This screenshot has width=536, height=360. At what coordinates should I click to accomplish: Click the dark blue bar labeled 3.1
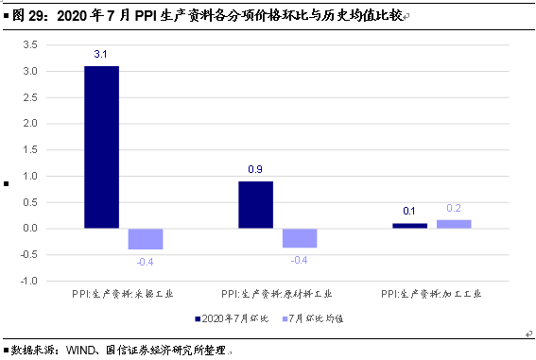click(x=101, y=146)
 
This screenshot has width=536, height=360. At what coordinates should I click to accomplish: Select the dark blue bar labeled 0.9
click(x=255, y=204)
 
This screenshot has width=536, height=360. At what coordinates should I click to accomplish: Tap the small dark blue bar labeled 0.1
click(x=409, y=225)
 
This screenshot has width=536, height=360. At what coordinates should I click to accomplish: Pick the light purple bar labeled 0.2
click(x=454, y=224)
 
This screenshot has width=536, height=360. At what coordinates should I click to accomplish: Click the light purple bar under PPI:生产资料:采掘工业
click(x=146, y=238)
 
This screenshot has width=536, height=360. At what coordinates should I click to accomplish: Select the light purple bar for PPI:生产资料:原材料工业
click(x=300, y=237)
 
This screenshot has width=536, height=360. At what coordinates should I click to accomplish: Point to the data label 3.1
click(x=101, y=55)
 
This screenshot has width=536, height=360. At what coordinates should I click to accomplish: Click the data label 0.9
click(x=255, y=170)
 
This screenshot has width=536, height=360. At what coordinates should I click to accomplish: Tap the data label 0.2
click(x=454, y=209)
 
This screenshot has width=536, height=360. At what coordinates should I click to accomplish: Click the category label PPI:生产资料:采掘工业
click(x=123, y=294)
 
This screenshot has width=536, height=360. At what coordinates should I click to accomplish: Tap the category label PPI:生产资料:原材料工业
click(x=277, y=294)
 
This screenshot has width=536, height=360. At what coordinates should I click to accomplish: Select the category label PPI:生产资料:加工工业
click(x=431, y=294)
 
